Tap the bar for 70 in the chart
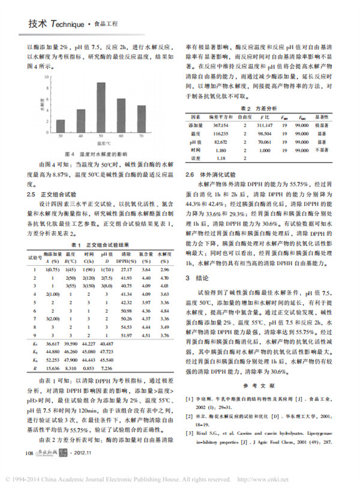[x=142, y=118]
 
